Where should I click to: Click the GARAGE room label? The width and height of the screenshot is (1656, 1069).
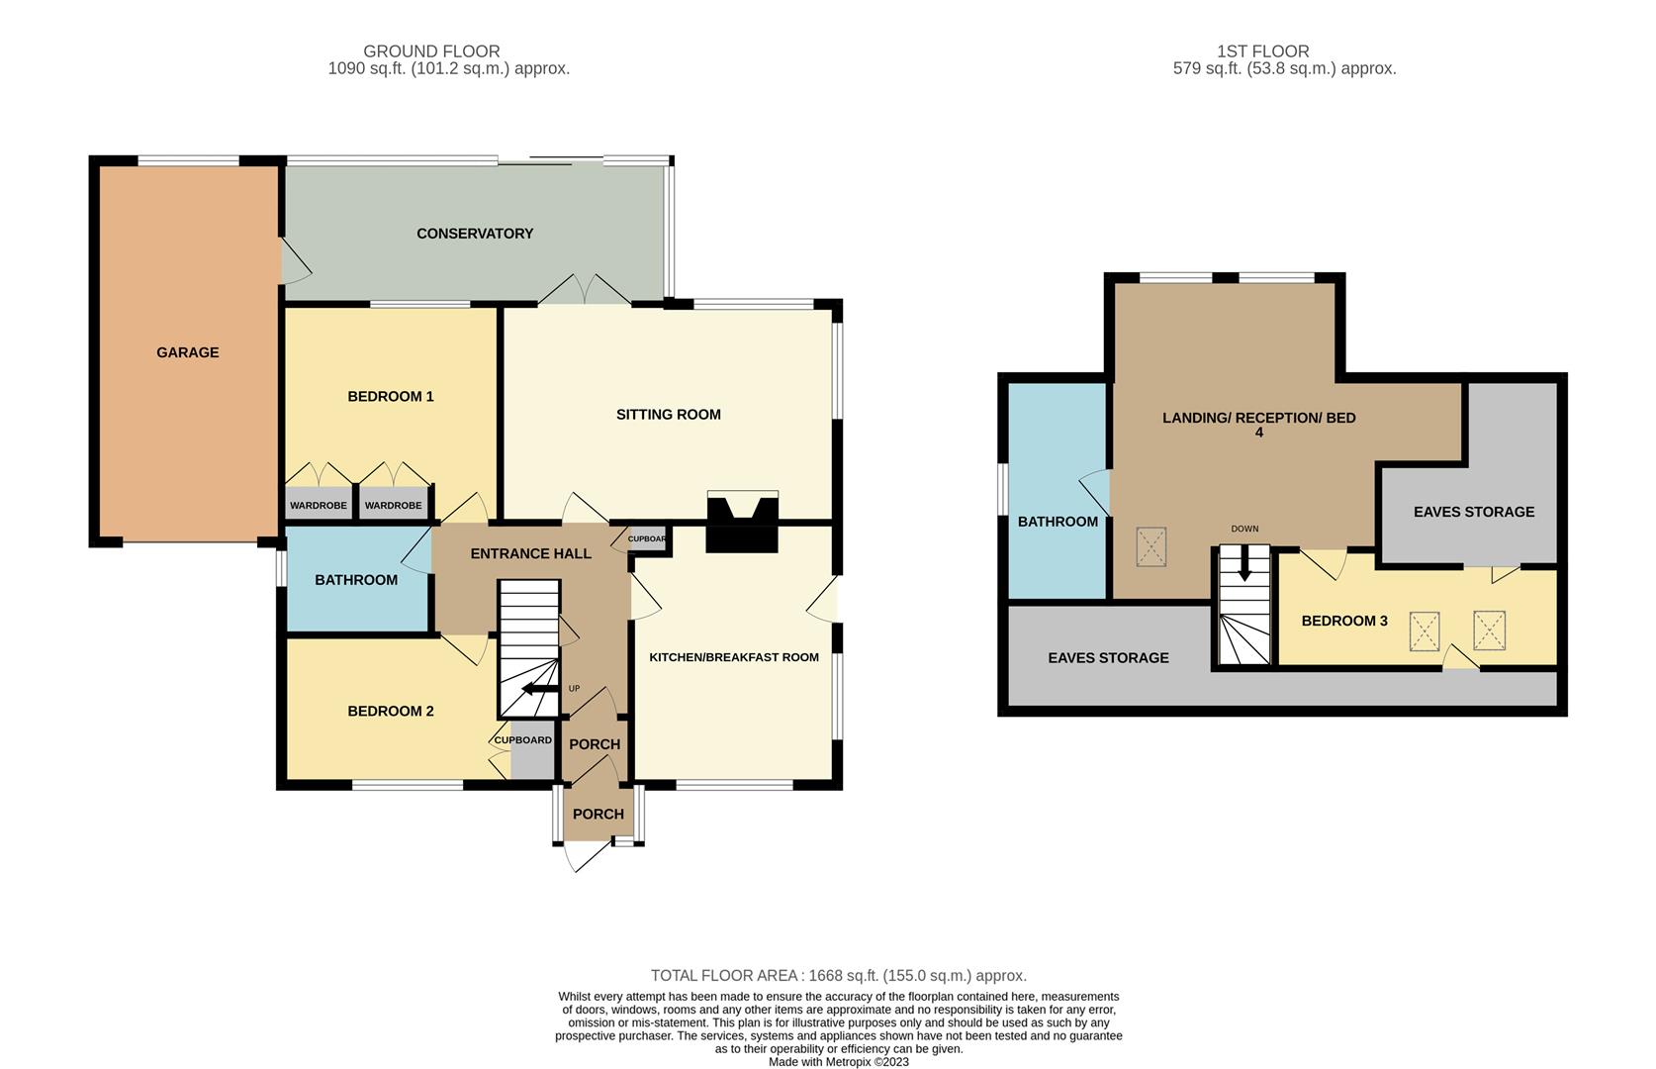[x=187, y=352]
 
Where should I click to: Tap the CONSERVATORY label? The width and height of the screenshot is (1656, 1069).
[x=475, y=234]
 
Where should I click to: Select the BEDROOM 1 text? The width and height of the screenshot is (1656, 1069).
[x=390, y=397]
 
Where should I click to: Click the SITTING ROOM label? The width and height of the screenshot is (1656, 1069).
[x=668, y=415]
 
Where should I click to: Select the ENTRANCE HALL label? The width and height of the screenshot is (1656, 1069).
[x=530, y=553]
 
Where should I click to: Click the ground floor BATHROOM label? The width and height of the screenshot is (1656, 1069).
[x=356, y=580]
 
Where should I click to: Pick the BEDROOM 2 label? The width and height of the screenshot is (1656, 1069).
[x=390, y=711]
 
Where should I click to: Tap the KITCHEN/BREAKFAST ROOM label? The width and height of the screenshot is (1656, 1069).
[x=733, y=657]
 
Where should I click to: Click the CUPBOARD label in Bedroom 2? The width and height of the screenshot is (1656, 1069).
[x=522, y=740]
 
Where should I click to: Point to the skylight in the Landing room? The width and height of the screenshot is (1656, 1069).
[x=1150, y=547]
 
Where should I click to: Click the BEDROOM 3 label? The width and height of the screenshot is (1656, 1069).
[x=1343, y=622]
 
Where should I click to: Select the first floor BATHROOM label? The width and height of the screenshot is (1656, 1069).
[x=1058, y=522]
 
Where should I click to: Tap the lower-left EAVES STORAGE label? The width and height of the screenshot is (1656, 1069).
[x=1108, y=658]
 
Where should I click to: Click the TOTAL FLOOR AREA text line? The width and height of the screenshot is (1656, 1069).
[x=838, y=976]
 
